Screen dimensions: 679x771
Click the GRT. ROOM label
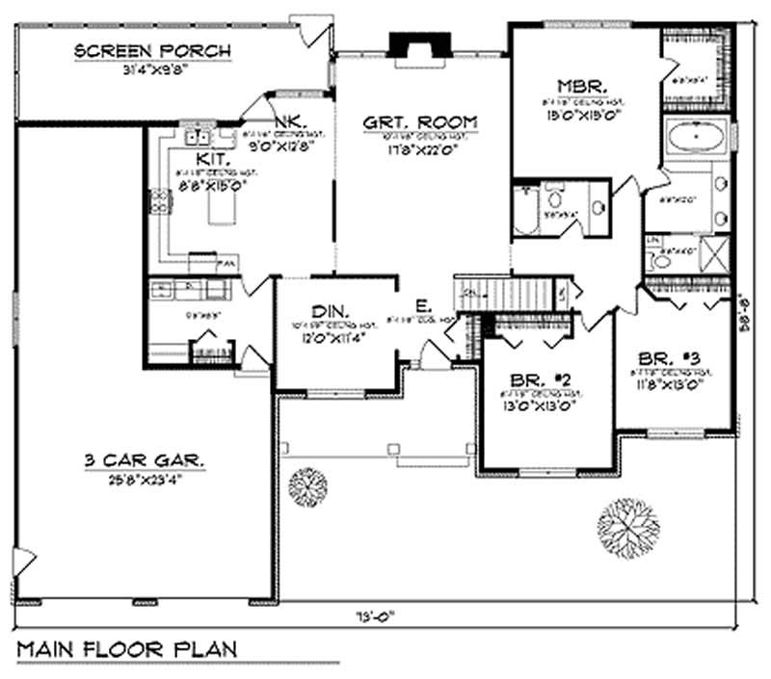pos(420,122)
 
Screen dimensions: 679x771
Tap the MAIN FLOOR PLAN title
pos(126,645)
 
